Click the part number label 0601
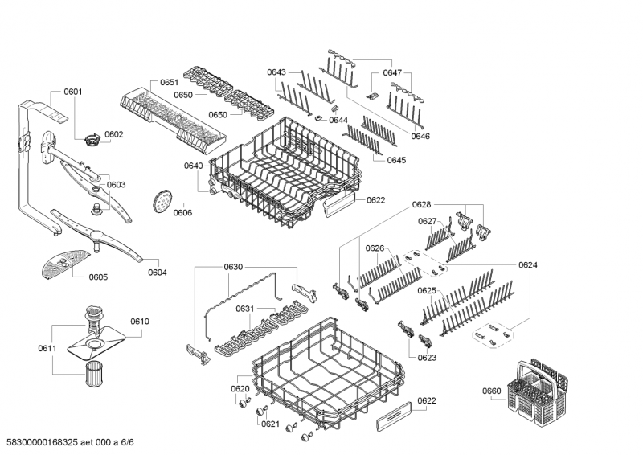pyautogui.click(x=72, y=92)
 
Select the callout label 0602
pyautogui.click(x=114, y=134)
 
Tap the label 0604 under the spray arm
pyautogui.click(x=158, y=273)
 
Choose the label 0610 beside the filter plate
pyautogui.click(x=140, y=322)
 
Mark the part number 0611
pyautogui.click(x=47, y=348)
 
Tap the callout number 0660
pyautogui.click(x=492, y=391)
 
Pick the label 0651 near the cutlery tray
pyautogui.click(x=169, y=83)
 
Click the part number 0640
pyautogui.click(x=193, y=166)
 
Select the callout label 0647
pyautogui.click(x=391, y=72)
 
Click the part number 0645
pyautogui.click(x=396, y=160)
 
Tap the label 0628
pyautogui.click(x=422, y=205)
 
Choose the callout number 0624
pyautogui.click(x=528, y=264)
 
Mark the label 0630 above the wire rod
pyautogui.click(x=233, y=267)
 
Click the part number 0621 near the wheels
pyautogui.click(x=270, y=424)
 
